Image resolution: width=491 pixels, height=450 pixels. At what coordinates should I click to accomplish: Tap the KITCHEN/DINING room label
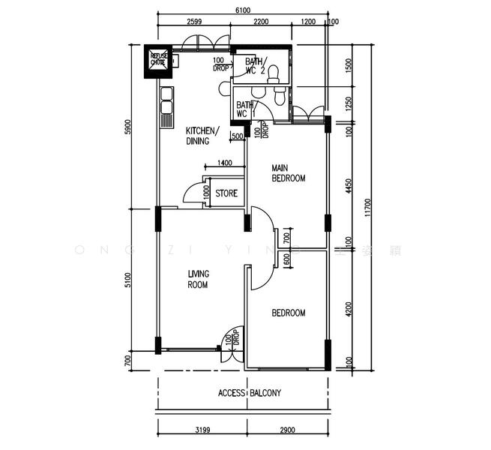pyautogui.click(x=202, y=136)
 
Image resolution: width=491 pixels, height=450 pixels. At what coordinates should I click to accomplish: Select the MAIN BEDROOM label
pyautogui.click(x=289, y=173)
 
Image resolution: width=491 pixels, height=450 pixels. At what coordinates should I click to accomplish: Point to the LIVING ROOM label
pyautogui.click(x=198, y=279)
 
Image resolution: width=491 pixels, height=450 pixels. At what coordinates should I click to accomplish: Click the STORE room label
pyautogui.click(x=226, y=193)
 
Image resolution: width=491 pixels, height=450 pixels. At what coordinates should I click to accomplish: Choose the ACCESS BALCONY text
pyautogui.click(x=250, y=393)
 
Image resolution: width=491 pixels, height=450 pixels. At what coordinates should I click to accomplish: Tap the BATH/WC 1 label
pyautogui.click(x=246, y=109)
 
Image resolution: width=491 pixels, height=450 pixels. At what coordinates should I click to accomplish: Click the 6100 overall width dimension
pyautogui.click(x=243, y=10)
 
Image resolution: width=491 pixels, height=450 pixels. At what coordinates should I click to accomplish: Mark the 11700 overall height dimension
pyautogui.click(x=367, y=207)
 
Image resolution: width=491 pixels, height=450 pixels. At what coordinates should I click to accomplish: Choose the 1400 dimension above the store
pyautogui.click(x=224, y=163)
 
